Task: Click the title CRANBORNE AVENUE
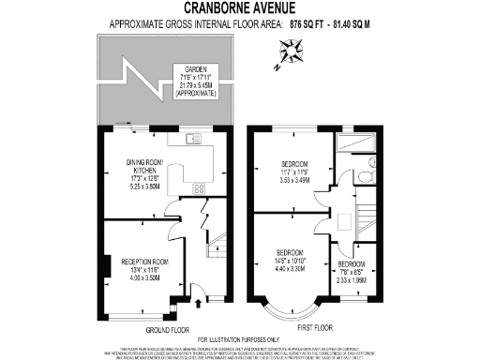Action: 240,8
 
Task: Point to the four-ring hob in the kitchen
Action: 199,188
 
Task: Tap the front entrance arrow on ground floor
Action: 203,304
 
